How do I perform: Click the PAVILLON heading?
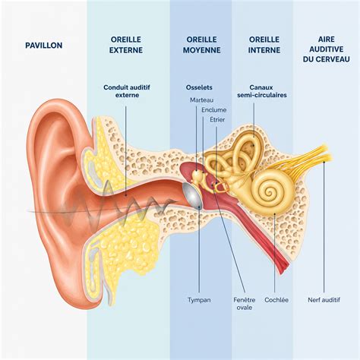44,46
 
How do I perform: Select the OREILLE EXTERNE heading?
126,45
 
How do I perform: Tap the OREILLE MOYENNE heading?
201,45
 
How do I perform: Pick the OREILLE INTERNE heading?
264,45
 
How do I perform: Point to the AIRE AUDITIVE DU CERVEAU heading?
327,49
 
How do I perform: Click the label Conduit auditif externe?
127,91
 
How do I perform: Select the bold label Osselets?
199,87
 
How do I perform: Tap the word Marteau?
201,100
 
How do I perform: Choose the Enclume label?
213,110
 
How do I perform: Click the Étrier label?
217,119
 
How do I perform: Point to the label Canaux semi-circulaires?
262,91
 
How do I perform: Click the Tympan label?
199,300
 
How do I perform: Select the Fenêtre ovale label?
245,304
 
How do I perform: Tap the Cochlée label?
276,300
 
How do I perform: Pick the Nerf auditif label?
324,300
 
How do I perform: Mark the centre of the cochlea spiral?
270,193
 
